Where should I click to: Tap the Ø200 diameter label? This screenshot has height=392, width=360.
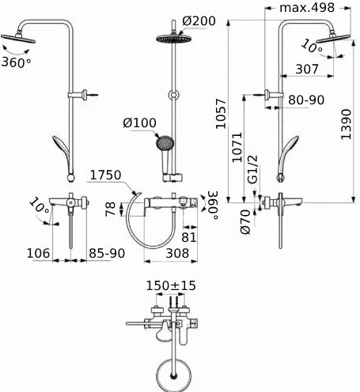199,20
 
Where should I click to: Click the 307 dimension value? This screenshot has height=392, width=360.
307,69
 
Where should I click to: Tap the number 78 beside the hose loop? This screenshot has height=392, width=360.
109,208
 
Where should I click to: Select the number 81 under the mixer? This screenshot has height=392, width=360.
188,235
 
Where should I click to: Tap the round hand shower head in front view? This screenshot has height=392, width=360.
165,145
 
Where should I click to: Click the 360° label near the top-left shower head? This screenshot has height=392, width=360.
17,62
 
